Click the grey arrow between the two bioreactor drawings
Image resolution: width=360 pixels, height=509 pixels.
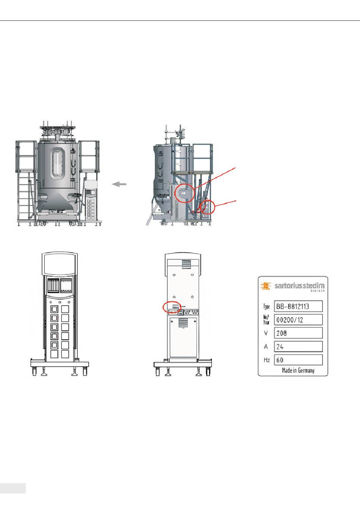click(x=119, y=184)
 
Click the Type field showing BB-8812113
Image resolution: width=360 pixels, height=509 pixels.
click(x=298, y=306)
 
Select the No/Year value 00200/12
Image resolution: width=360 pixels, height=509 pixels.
click(x=298, y=320)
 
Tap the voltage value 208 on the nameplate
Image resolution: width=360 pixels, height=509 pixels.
click(x=298, y=333)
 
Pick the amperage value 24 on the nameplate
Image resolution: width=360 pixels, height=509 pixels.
click(x=298, y=346)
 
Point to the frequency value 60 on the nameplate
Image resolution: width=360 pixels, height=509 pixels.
click(x=298, y=360)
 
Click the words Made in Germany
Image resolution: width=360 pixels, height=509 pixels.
click(x=298, y=370)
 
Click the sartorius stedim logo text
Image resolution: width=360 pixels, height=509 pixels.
click(x=299, y=286)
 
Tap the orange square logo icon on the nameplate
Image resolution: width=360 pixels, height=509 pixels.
click(x=266, y=286)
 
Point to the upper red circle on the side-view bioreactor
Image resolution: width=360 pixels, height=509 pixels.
click(x=184, y=193)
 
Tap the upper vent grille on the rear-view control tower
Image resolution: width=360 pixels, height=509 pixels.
click(x=183, y=264)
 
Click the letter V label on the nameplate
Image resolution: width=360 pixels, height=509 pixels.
click(x=266, y=333)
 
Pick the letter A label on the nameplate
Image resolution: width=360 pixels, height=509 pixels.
click(x=266, y=347)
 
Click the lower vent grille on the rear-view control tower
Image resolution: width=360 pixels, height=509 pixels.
click(x=183, y=323)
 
